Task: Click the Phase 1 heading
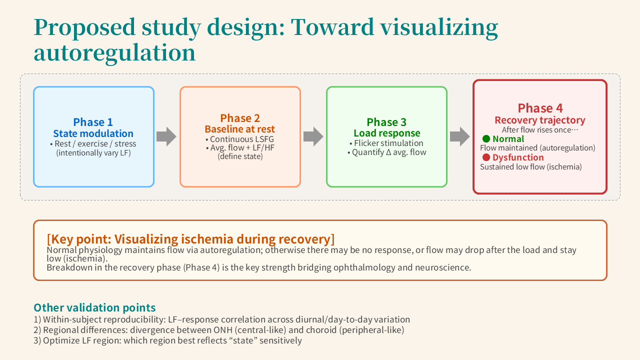[x=93, y=122]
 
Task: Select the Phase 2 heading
[x=240, y=118]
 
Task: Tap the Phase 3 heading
[x=386, y=122]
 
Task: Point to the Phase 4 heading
[x=539, y=108]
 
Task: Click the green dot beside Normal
[x=486, y=139]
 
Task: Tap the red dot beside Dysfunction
[x=486, y=157]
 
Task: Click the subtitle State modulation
[x=93, y=133]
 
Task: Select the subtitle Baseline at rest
[x=240, y=129]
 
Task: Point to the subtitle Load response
[x=386, y=133]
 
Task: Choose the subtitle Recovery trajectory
[x=539, y=120]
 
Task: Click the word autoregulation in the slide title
[x=114, y=52]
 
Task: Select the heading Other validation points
[x=94, y=307]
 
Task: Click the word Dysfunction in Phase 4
[x=518, y=157]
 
